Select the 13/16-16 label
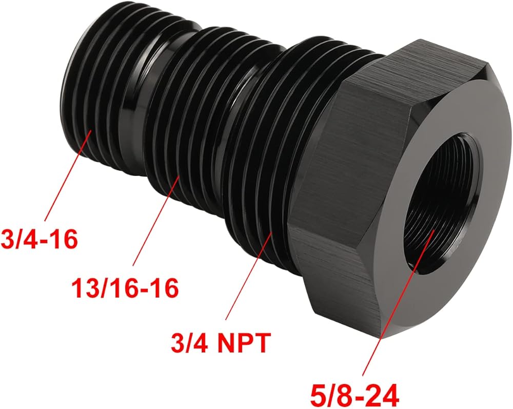pyautogui.click(x=125, y=288)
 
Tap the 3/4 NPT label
pyautogui.click(x=221, y=343)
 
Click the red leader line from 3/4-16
pyautogui.click(x=68, y=176)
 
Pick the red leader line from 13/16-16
pyautogui.click(x=156, y=221)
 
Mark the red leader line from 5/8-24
pyautogui.click(x=398, y=302)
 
